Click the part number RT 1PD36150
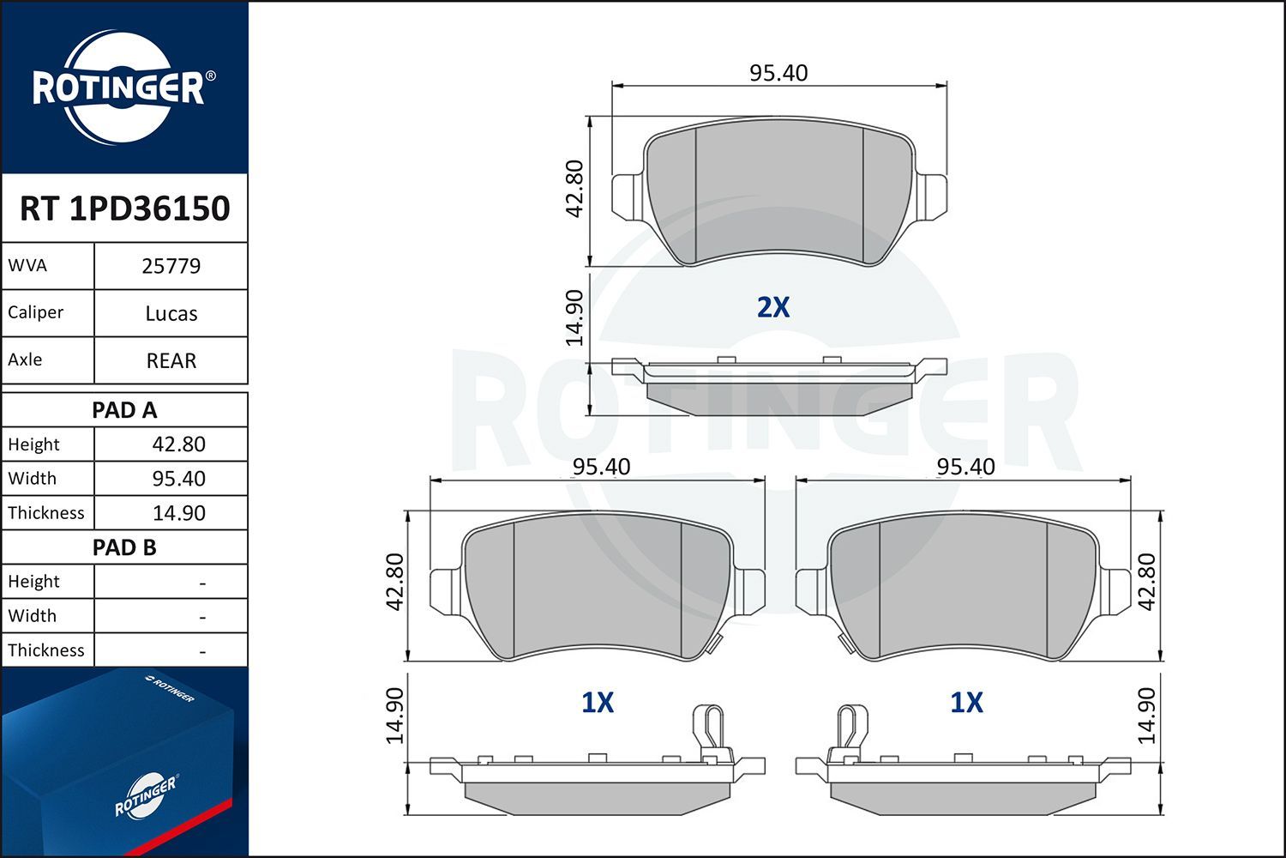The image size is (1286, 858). click(124, 208)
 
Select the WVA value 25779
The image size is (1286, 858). click(171, 266)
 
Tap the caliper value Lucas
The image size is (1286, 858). click(171, 313)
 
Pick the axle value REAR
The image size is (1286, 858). click(171, 360)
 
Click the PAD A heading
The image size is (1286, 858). click(124, 410)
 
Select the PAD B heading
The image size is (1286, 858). click(124, 547)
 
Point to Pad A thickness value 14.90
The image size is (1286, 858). click(178, 513)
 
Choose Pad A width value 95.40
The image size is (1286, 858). click(178, 479)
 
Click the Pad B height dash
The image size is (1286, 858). click(201, 583)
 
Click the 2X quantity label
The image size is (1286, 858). click(772, 307)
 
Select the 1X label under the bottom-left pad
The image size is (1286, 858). click(598, 703)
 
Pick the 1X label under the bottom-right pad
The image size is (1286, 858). click(966, 703)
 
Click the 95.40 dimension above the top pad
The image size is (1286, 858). click(778, 73)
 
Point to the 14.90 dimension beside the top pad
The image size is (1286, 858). click(574, 317)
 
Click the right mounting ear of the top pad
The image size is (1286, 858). click(932, 195)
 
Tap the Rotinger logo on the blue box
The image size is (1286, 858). click(146, 795)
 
